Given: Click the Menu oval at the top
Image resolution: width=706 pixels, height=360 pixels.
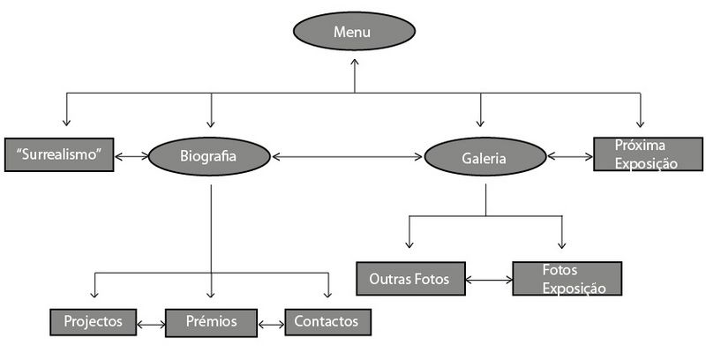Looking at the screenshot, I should point(354,33).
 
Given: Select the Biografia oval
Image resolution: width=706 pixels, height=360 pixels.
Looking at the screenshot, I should point(209,156).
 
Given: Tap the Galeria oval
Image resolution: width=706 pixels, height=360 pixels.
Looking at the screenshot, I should point(484,157).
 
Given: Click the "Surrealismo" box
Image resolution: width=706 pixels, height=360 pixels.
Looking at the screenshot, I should point(59,155).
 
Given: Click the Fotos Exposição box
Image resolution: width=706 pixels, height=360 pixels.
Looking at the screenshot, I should point(567,279).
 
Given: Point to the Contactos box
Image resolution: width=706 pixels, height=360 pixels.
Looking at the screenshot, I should point(327,322).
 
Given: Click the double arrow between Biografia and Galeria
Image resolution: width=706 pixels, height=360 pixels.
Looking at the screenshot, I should point(347,157).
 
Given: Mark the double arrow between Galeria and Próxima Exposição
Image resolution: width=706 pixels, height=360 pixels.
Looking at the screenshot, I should point(569,156).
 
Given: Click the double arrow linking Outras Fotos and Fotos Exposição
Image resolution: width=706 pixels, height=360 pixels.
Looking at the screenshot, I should point(489,281).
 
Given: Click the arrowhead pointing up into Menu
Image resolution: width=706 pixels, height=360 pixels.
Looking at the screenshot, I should point(354,63).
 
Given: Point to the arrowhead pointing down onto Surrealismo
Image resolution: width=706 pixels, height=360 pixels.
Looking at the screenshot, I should point(65,123).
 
